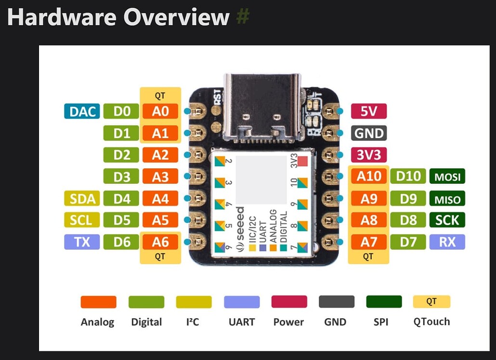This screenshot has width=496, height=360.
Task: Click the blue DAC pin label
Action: (82, 111)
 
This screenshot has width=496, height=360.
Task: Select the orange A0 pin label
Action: (160, 111)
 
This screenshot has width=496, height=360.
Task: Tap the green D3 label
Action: (122, 177)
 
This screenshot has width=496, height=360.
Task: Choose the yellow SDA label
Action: (82, 198)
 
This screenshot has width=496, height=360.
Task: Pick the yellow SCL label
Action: (82, 220)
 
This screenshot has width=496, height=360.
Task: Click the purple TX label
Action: (82, 242)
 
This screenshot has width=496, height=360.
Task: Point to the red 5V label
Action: (369, 111)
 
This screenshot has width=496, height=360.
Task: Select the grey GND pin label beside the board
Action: (369, 133)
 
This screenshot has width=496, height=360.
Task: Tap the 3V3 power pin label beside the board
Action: (369, 155)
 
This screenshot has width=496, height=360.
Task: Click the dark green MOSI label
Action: (447, 177)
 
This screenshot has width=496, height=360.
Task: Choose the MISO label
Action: (447, 198)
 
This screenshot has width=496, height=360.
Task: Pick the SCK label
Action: (447, 220)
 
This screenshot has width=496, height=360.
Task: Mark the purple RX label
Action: (447, 242)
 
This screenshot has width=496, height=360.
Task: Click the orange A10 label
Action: (369, 177)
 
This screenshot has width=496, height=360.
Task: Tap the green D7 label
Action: (408, 242)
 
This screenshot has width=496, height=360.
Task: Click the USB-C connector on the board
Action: (262, 108)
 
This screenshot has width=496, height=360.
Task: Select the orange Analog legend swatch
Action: (98, 302)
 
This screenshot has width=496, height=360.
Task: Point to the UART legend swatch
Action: (242, 302)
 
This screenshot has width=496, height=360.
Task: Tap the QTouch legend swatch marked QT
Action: (431, 302)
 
